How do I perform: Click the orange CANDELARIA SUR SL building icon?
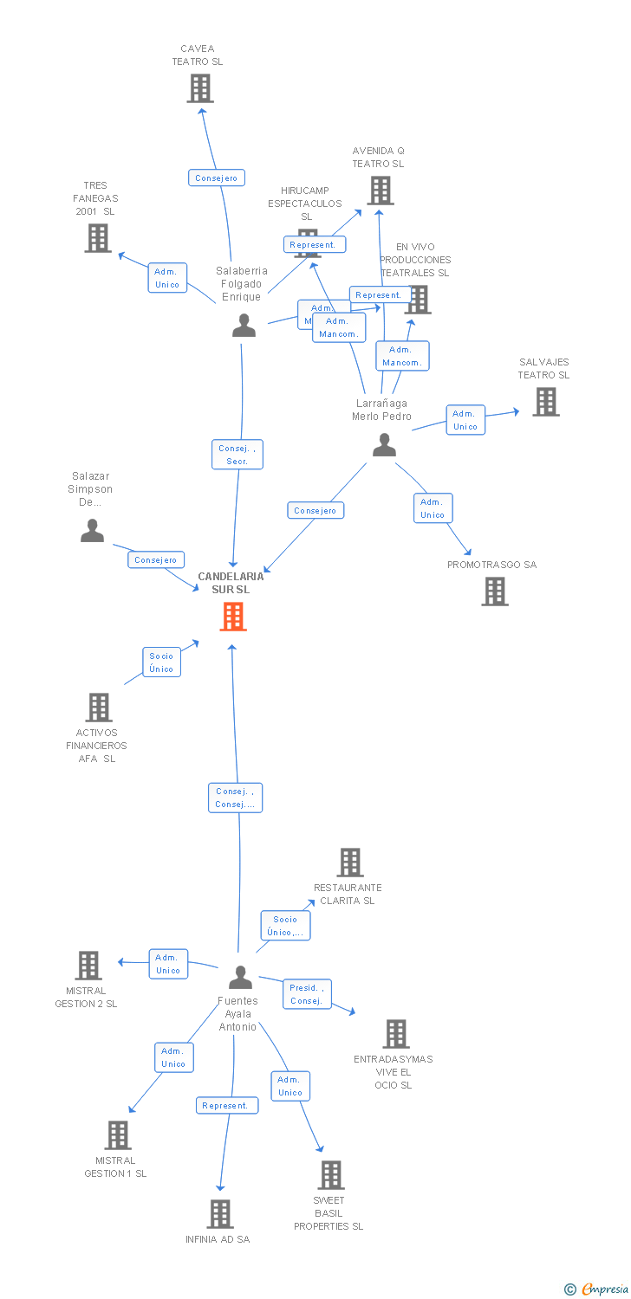click(x=233, y=617)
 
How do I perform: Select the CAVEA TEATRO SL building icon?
click(x=200, y=88)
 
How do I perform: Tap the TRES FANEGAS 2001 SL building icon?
click(x=98, y=238)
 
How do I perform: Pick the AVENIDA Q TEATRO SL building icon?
click(x=380, y=191)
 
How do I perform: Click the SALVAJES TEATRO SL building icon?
click(x=546, y=402)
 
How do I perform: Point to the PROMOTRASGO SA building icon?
click(x=495, y=591)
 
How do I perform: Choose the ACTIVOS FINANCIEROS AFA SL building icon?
click(x=99, y=708)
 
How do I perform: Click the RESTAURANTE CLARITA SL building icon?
click(x=350, y=863)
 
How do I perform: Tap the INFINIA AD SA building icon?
click(x=220, y=1214)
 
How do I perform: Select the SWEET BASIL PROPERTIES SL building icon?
click(x=331, y=1175)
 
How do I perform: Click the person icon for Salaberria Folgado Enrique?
click(x=244, y=326)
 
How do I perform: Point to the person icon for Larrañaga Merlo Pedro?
click(x=384, y=445)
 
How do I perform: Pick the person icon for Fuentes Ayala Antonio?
click(x=240, y=978)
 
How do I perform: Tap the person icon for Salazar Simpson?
click(x=92, y=531)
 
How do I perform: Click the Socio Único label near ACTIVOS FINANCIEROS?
click(x=162, y=662)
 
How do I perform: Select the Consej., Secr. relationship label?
click(x=237, y=455)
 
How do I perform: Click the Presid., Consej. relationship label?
click(x=307, y=994)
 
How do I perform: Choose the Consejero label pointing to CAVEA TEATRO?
click(x=217, y=178)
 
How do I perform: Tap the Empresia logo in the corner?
click(x=597, y=1289)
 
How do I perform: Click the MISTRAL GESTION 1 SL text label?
click(x=115, y=1167)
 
